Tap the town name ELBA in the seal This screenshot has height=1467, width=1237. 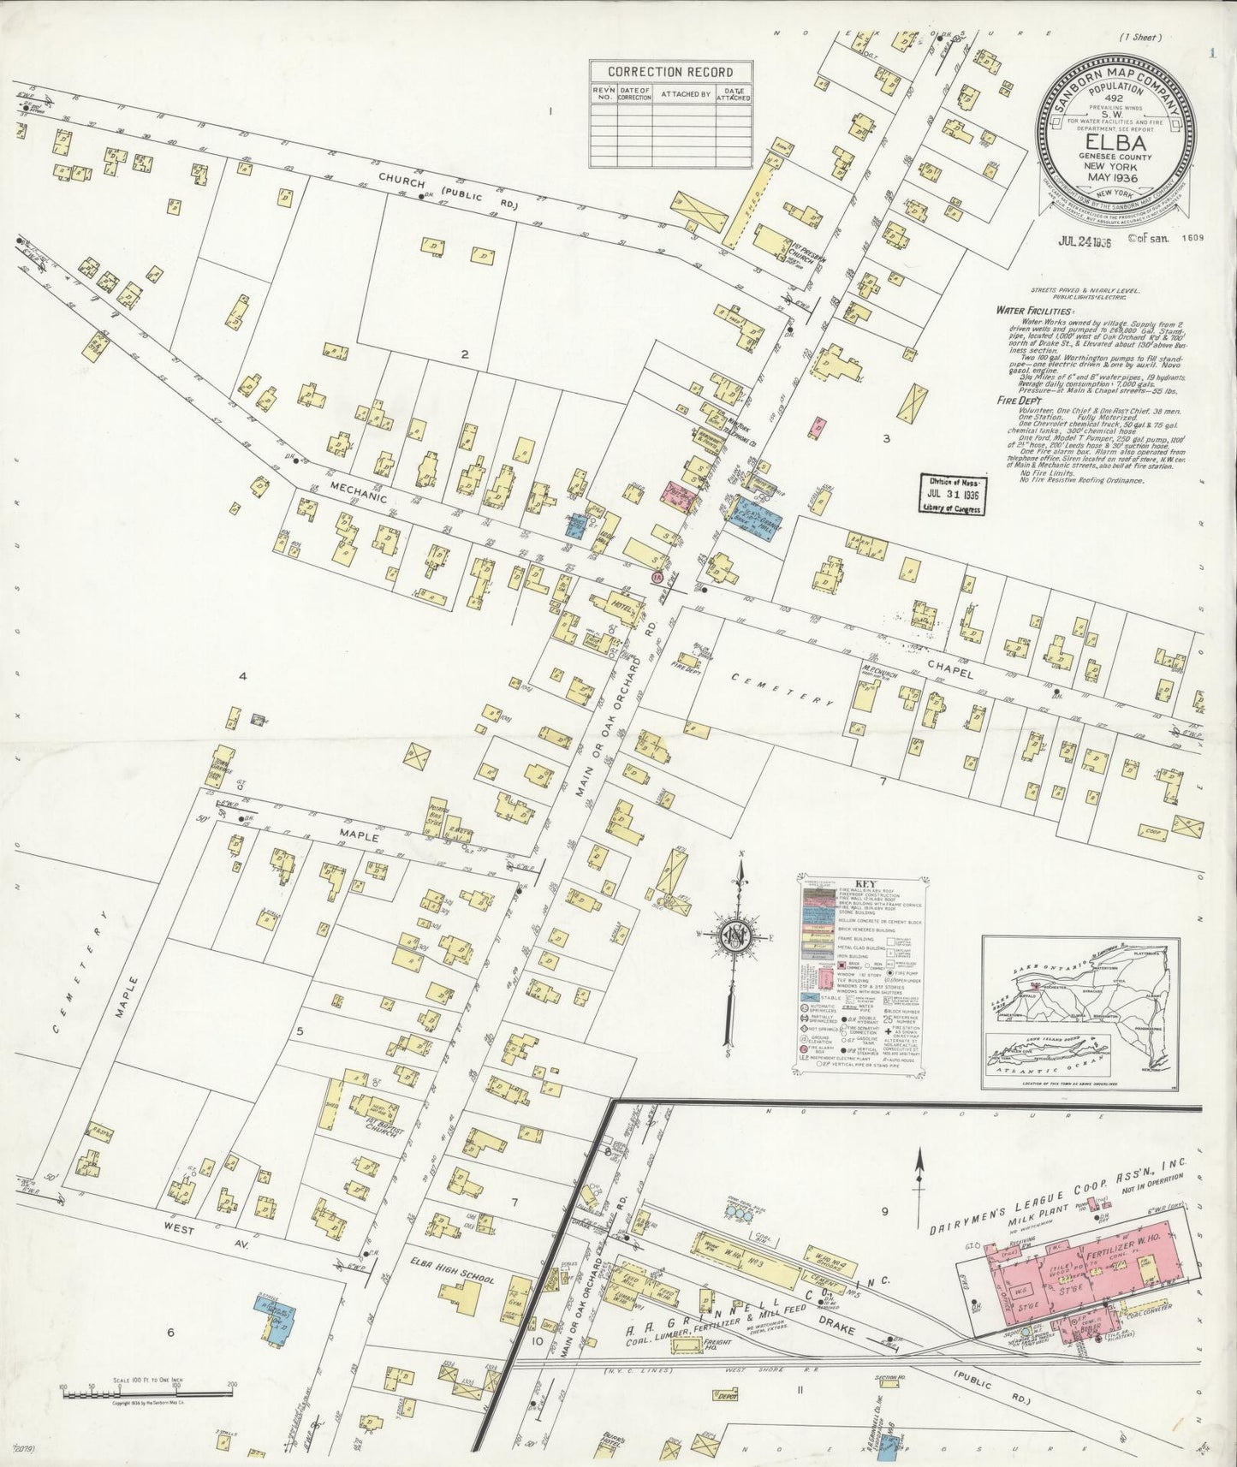1112,141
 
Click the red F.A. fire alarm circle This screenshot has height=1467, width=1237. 657,578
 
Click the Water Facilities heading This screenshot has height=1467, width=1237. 1033,311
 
